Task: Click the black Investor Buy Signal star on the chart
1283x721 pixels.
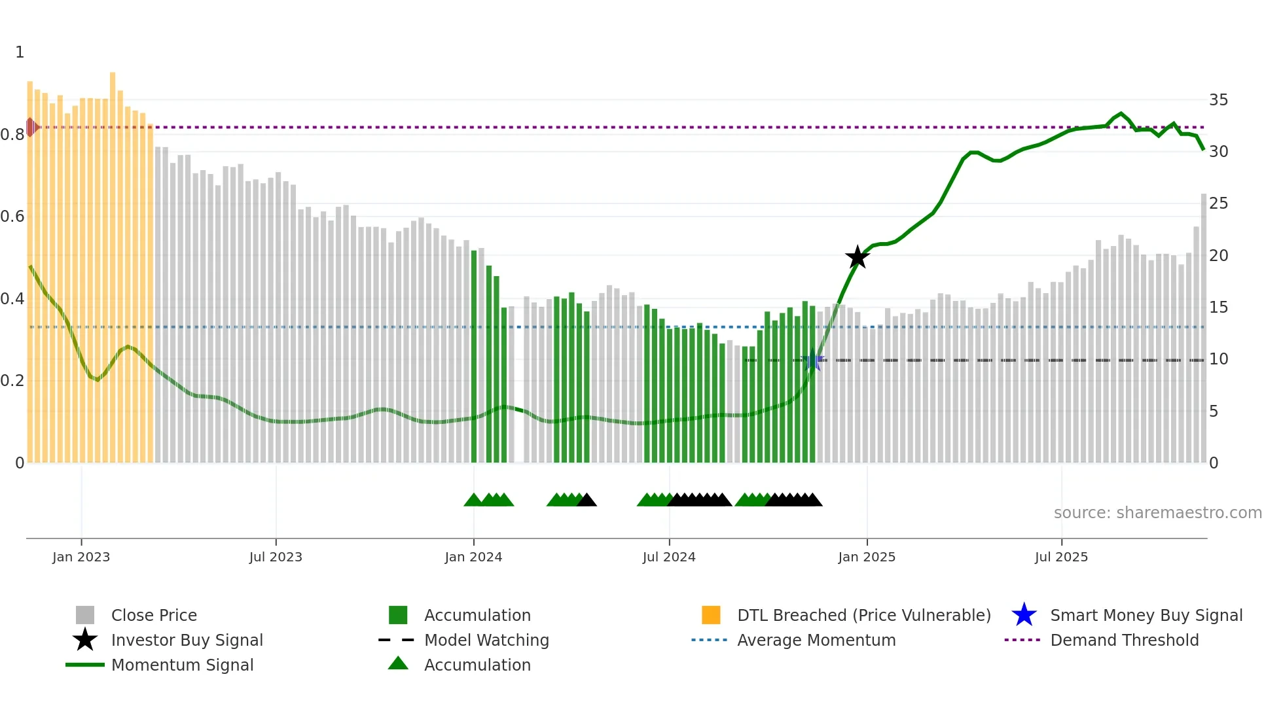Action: pyautogui.click(x=857, y=257)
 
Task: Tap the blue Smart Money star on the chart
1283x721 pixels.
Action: pyautogui.click(x=812, y=360)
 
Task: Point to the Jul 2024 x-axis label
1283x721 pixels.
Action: pyautogui.click(x=669, y=557)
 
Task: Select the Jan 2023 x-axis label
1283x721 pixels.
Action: pyautogui.click(x=81, y=557)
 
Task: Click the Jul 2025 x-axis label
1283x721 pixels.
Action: pyautogui.click(x=1061, y=557)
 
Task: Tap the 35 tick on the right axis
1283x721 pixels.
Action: pyautogui.click(x=1218, y=100)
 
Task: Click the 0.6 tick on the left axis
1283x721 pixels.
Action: pyautogui.click(x=12, y=217)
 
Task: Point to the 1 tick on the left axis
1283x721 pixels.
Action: pyautogui.click(x=20, y=52)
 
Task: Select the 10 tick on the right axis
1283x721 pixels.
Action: pyautogui.click(x=1218, y=359)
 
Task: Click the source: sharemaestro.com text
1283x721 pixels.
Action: pyautogui.click(x=1157, y=513)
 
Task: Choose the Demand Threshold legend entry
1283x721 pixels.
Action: pyautogui.click(x=1124, y=640)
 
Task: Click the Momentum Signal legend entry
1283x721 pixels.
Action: pyautogui.click(x=182, y=665)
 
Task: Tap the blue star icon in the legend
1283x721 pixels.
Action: pyautogui.click(x=1024, y=615)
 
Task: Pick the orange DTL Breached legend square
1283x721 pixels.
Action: pyautogui.click(x=711, y=615)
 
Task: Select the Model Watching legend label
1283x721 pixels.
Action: pyautogui.click(x=486, y=640)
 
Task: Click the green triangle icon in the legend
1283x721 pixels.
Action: pyautogui.click(x=398, y=663)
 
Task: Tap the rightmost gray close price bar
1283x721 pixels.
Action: pyautogui.click(x=1203, y=327)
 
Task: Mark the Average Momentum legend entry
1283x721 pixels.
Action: pyautogui.click(x=816, y=640)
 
